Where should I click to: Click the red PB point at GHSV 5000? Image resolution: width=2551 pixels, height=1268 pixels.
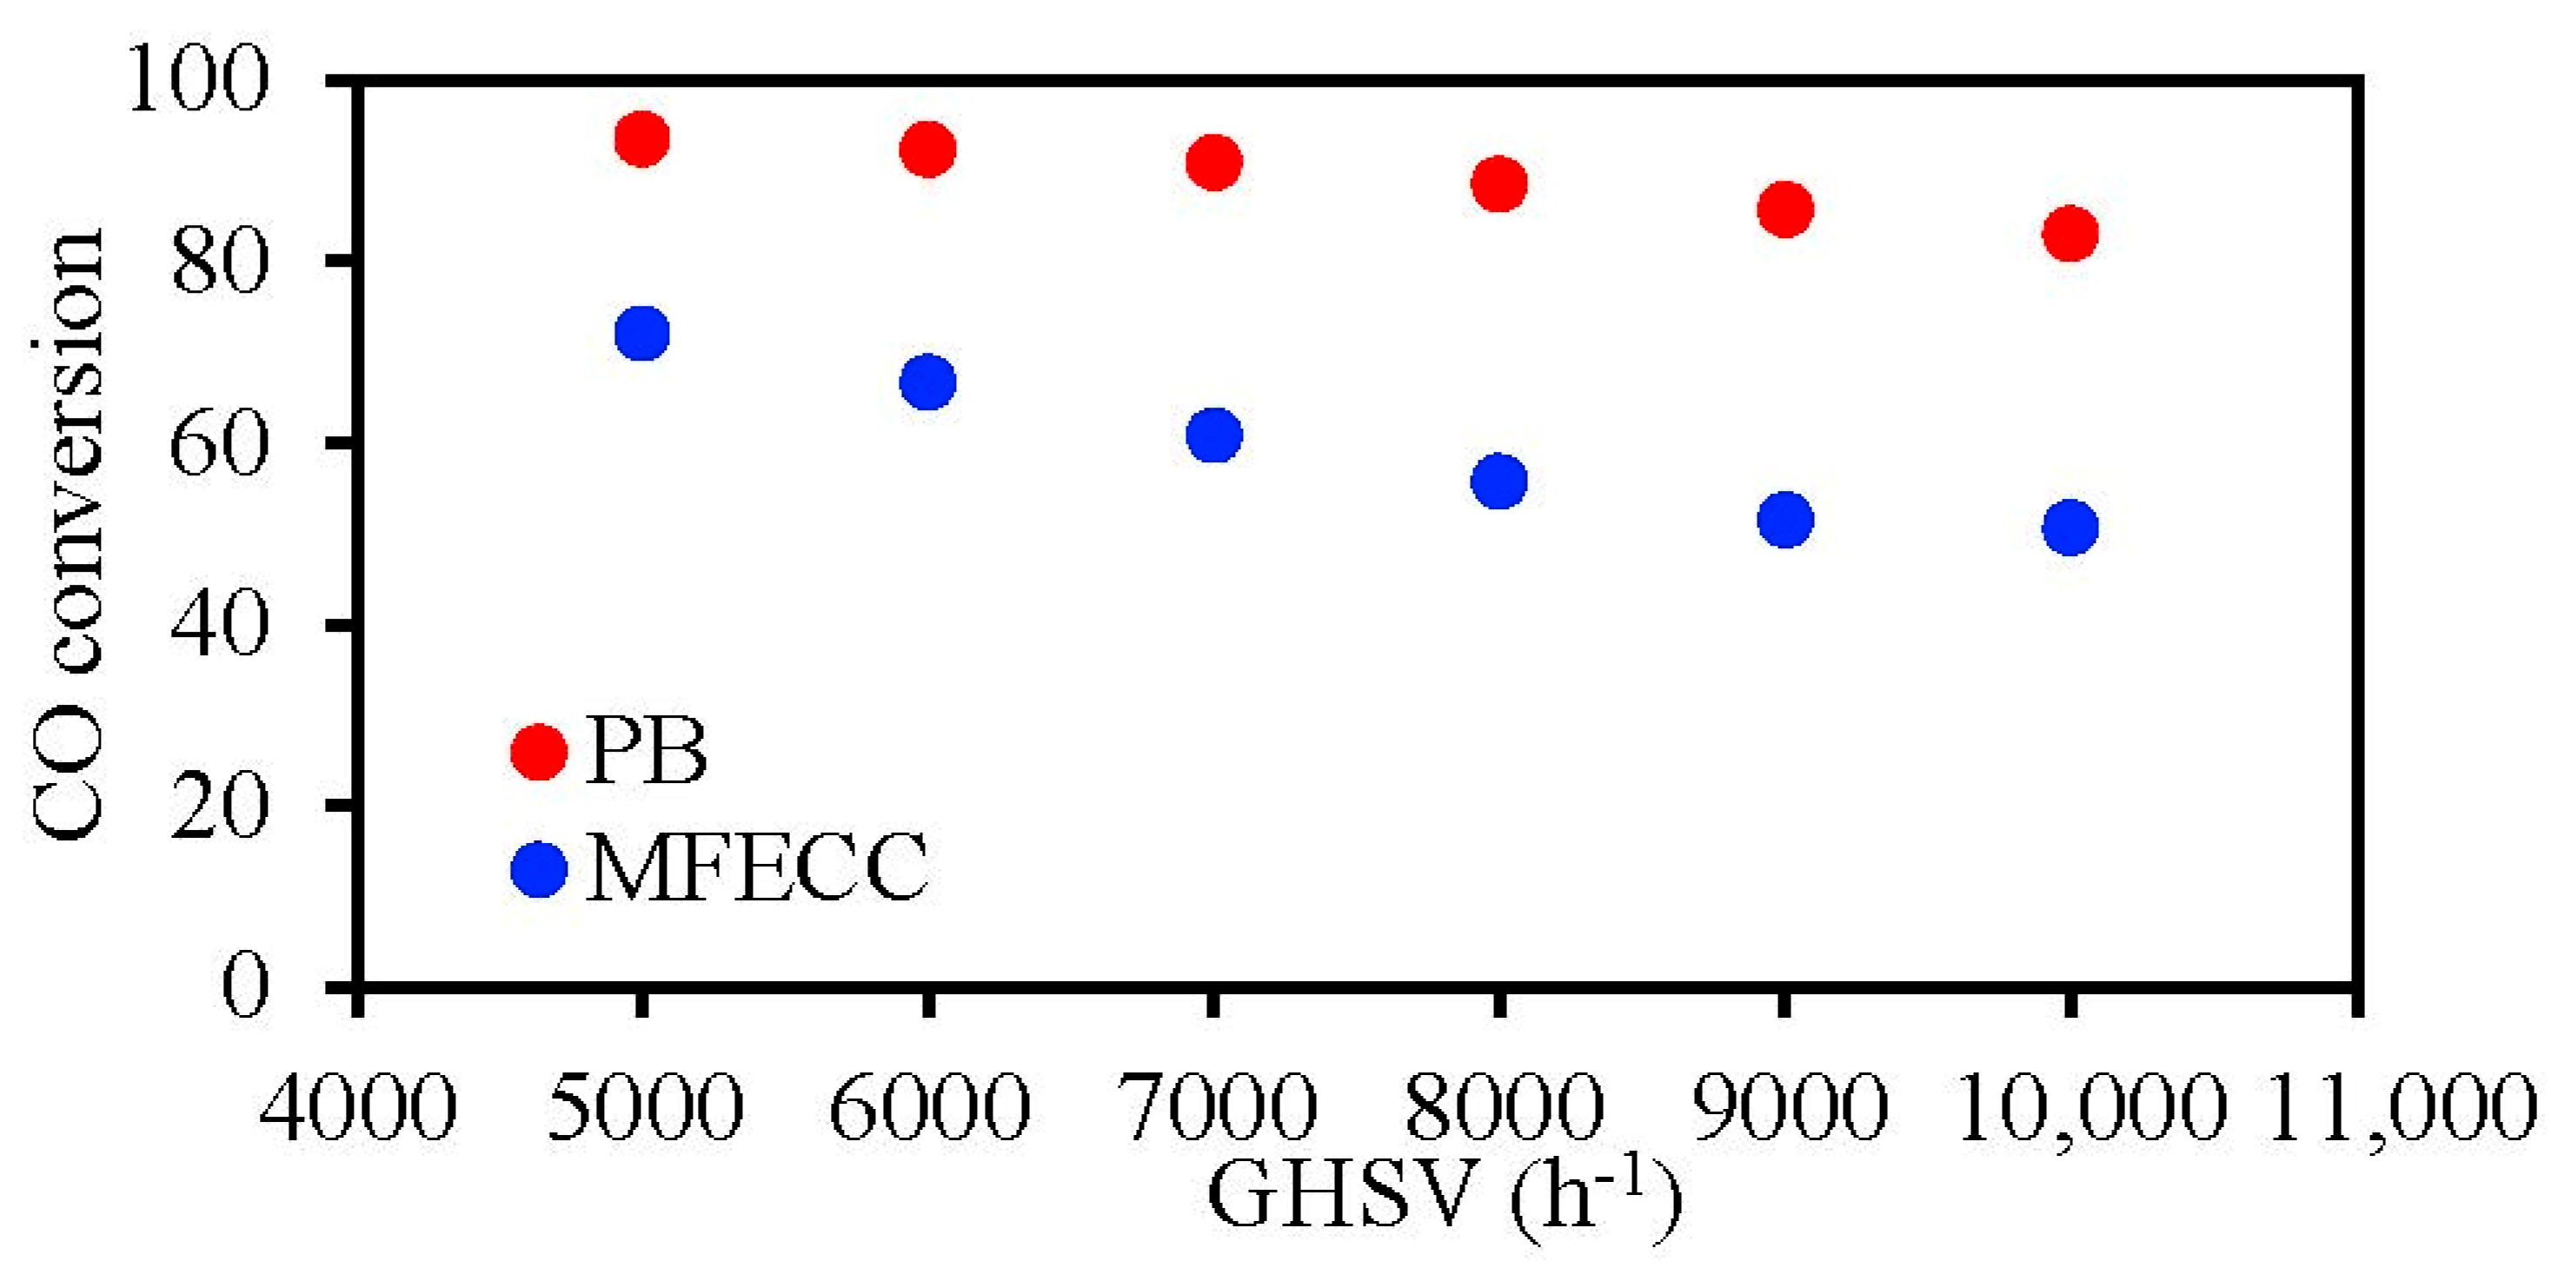click(641, 138)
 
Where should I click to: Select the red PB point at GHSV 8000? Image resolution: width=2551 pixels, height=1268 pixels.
click(1499, 183)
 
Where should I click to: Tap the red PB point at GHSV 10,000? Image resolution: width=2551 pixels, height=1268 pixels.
click(2069, 234)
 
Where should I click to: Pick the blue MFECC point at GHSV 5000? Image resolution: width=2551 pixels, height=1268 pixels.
click(641, 333)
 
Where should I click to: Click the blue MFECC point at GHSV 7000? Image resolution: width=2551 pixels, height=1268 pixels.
click(1214, 435)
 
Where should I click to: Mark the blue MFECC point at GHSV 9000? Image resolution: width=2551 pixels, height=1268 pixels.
click(1784, 520)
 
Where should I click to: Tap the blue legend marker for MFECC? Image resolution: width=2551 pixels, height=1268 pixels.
click(539, 869)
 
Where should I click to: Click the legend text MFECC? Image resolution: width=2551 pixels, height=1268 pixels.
click(758, 869)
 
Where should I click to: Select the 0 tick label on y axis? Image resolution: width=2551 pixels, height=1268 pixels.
click(243, 985)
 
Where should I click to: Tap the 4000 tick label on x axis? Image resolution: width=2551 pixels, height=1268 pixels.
click(357, 1106)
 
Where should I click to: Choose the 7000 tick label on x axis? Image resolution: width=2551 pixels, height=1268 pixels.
click(1216, 1106)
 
